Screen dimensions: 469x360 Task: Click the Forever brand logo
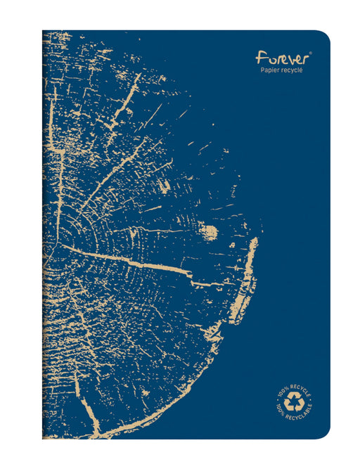pos(281,56)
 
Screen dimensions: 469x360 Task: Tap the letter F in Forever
pos(261,56)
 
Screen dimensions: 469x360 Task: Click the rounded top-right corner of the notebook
pos(324,36)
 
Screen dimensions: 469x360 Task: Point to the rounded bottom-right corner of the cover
pos(324,433)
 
